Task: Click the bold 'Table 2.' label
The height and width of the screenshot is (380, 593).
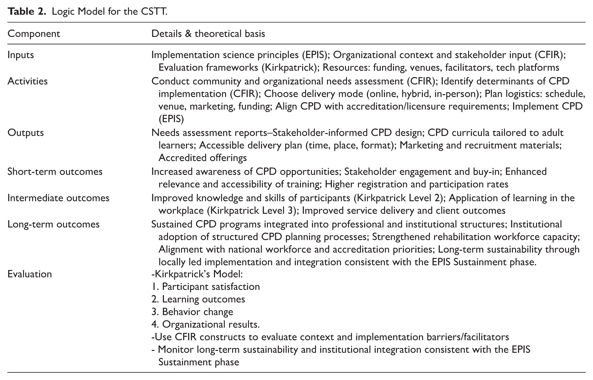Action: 27,11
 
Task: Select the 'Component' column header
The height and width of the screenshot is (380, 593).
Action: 34,34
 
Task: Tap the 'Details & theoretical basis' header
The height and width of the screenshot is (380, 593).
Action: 208,34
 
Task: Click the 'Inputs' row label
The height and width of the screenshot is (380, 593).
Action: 21,55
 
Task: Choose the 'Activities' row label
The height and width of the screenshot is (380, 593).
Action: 28,81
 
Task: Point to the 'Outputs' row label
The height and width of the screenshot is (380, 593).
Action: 26,132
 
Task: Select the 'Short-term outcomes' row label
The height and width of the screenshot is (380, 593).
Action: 55,171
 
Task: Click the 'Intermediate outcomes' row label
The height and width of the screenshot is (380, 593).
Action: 58,198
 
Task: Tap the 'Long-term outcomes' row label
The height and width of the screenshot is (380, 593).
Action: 53,224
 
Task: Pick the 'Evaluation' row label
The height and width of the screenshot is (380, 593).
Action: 30,274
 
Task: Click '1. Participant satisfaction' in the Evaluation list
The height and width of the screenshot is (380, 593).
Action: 206,287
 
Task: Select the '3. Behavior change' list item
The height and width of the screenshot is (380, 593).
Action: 192,312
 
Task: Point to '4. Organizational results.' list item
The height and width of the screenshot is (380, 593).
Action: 206,324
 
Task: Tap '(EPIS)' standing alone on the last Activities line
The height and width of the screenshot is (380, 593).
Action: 171,119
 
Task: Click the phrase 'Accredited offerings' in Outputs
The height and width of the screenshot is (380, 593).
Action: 202,158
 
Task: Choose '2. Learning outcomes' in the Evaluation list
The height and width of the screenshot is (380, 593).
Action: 198,299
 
